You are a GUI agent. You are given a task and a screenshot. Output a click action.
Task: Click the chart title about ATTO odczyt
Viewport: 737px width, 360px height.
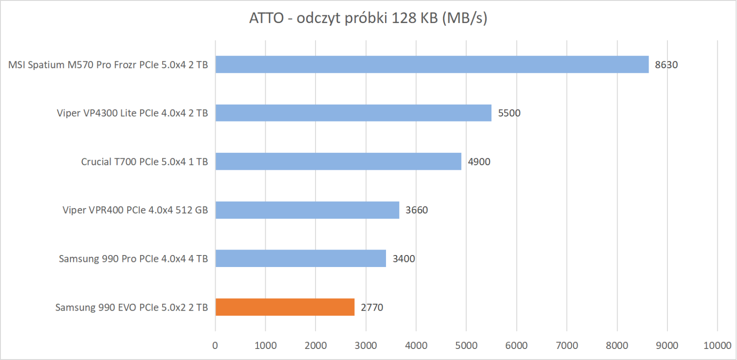(x=368, y=18)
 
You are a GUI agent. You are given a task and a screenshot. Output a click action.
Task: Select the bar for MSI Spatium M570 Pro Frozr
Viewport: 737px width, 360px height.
(x=432, y=64)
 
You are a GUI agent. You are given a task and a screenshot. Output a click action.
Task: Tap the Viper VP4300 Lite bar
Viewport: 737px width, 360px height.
(x=353, y=113)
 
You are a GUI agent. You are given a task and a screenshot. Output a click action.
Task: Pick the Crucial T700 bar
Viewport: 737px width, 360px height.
(x=338, y=162)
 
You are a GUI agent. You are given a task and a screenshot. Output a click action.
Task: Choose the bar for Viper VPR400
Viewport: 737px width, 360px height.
(x=307, y=210)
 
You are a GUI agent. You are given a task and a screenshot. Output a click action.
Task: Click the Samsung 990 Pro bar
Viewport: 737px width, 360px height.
(x=300, y=259)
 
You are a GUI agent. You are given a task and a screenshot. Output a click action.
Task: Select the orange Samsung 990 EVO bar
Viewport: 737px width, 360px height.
(x=285, y=307)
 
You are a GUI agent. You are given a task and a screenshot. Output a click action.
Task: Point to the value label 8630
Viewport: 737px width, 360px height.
(x=666, y=65)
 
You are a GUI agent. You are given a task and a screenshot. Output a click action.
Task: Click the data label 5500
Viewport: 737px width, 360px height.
(x=509, y=113)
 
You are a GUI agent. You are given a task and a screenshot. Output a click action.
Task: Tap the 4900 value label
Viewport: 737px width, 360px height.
(x=479, y=162)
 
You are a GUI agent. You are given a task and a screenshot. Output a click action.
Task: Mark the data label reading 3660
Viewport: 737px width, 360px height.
(x=416, y=210)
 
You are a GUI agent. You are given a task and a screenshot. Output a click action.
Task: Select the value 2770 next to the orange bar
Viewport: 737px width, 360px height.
(x=372, y=308)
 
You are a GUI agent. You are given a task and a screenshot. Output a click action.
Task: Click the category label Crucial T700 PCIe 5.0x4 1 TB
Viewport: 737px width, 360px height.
(x=144, y=162)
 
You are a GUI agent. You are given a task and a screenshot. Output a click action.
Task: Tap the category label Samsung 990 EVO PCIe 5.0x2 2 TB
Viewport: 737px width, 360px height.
(x=131, y=308)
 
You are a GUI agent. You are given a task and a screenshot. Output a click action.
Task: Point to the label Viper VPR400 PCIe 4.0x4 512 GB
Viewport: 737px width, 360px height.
(x=135, y=210)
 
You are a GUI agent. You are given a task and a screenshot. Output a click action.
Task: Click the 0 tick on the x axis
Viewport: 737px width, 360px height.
(x=215, y=346)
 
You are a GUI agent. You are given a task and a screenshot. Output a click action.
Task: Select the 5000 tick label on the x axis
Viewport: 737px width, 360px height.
(x=466, y=346)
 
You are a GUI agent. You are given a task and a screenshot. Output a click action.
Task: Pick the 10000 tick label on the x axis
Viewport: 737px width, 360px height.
(x=717, y=346)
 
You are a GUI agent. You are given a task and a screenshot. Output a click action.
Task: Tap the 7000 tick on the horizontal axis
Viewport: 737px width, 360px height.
(x=567, y=346)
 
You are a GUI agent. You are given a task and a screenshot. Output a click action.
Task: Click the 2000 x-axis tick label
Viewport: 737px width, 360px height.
(x=316, y=346)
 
